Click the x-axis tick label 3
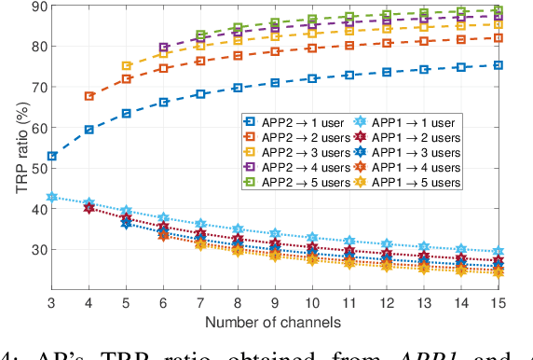point(51,303)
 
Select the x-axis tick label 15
point(498,303)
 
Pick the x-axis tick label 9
point(275,303)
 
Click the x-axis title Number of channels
point(275,322)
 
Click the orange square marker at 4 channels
point(89,96)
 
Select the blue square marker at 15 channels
point(498,65)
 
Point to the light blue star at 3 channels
point(52,198)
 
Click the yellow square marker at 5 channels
point(127,66)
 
